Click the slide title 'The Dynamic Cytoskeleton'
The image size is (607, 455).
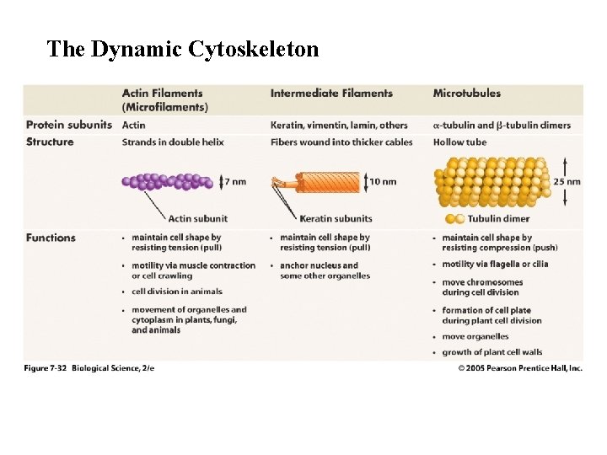pos(183,50)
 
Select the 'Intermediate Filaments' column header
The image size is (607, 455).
pos(331,94)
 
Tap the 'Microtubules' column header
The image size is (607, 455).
pos(466,94)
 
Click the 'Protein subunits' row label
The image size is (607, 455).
pos(69,125)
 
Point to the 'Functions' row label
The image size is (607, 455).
pos(51,238)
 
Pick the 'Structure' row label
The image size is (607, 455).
pos(50,142)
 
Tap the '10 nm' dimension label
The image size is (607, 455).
pos(384,181)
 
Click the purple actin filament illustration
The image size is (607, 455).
pos(168,181)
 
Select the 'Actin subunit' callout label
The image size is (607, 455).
pos(198,219)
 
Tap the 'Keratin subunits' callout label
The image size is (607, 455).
pos(336,219)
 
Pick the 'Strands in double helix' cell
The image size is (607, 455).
pos(173,142)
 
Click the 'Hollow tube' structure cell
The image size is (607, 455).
pos(459,142)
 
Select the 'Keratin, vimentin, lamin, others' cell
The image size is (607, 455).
pos(339,125)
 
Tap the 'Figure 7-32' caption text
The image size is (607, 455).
pos(89,368)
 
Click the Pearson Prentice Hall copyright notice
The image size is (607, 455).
pos(520,368)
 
